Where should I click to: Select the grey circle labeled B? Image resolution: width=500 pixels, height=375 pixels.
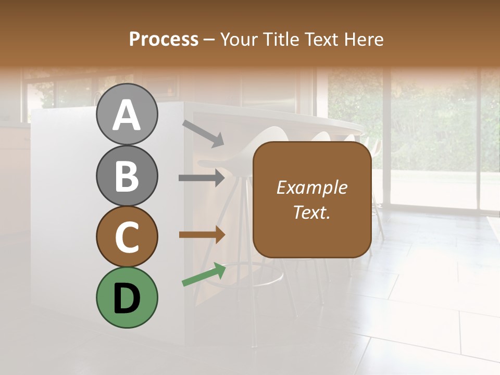coord(127,176)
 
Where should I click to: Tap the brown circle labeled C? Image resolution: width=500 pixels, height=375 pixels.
coord(127,236)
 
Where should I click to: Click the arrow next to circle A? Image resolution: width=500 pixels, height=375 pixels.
coord(203,133)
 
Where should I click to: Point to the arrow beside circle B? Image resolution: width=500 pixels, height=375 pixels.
coord(202,178)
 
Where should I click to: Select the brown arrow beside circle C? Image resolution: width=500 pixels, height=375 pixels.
coord(202,235)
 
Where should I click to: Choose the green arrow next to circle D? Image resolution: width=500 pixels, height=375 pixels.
coord(204,274)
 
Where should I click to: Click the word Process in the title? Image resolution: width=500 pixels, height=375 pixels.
coord(164,39)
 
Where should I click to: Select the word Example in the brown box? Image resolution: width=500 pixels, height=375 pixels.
coord(311,187)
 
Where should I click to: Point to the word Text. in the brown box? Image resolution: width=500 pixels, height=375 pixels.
coord(311,212)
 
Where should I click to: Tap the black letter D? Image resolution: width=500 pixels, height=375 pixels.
coord(127,298)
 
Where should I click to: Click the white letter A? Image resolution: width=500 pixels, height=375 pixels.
coord(127,115)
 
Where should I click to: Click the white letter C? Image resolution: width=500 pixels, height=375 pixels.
coord(127,237)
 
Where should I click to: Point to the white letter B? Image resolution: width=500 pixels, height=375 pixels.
coord(127,176)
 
